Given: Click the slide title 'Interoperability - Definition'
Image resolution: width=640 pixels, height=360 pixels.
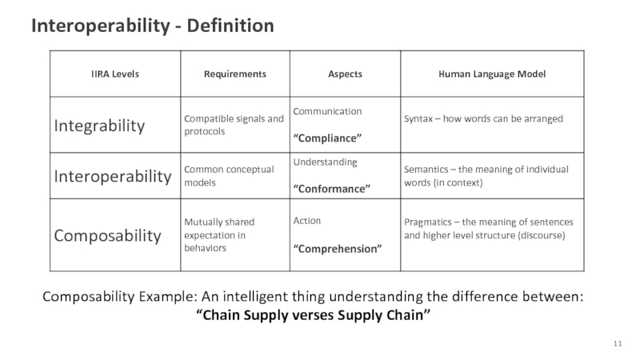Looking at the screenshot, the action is [x=153, y=26].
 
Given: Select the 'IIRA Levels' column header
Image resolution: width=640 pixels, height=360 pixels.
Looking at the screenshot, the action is [x=115, y=74].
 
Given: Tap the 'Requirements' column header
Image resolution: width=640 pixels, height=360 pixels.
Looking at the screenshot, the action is [x=234, y=74].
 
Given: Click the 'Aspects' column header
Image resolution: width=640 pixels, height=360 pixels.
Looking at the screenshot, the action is [x=345, y=74].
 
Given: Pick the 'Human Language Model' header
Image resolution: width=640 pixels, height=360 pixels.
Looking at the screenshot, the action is [x=492, y=74].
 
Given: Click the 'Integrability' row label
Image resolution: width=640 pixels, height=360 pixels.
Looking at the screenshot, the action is [x=100, y=126].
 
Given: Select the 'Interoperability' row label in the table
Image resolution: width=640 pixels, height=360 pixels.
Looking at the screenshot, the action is [x=113, y=176].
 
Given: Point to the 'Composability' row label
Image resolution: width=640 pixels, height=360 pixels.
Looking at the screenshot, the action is [x=108, y=235].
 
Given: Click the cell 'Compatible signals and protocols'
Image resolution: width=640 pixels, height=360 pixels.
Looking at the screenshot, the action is [x=234, y=125].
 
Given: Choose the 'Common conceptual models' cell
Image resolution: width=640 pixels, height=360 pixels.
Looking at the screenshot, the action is [x=229, y=176].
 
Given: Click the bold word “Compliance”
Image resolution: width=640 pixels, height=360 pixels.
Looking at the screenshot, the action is [x=328, y=138].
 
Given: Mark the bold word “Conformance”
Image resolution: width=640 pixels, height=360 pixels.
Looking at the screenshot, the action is [x=332, y=189].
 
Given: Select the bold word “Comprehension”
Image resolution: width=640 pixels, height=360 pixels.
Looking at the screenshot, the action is [x=337, y=249].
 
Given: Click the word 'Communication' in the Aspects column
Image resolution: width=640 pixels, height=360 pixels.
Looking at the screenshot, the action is [x=327, y=111].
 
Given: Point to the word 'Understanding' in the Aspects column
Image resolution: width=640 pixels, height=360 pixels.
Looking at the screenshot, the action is [x=326, y=162].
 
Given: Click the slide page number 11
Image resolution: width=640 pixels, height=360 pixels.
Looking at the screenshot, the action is [x=618, y=343].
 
